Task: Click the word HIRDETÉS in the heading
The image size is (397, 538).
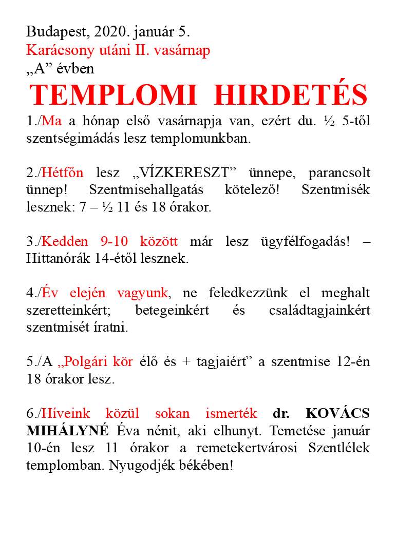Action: [291, 95]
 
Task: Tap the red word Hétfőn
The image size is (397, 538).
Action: [63, 173]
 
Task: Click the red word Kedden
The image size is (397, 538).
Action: [64, 242]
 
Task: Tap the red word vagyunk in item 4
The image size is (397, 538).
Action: [142, 293]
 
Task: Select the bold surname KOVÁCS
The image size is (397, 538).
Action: [337, 414]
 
